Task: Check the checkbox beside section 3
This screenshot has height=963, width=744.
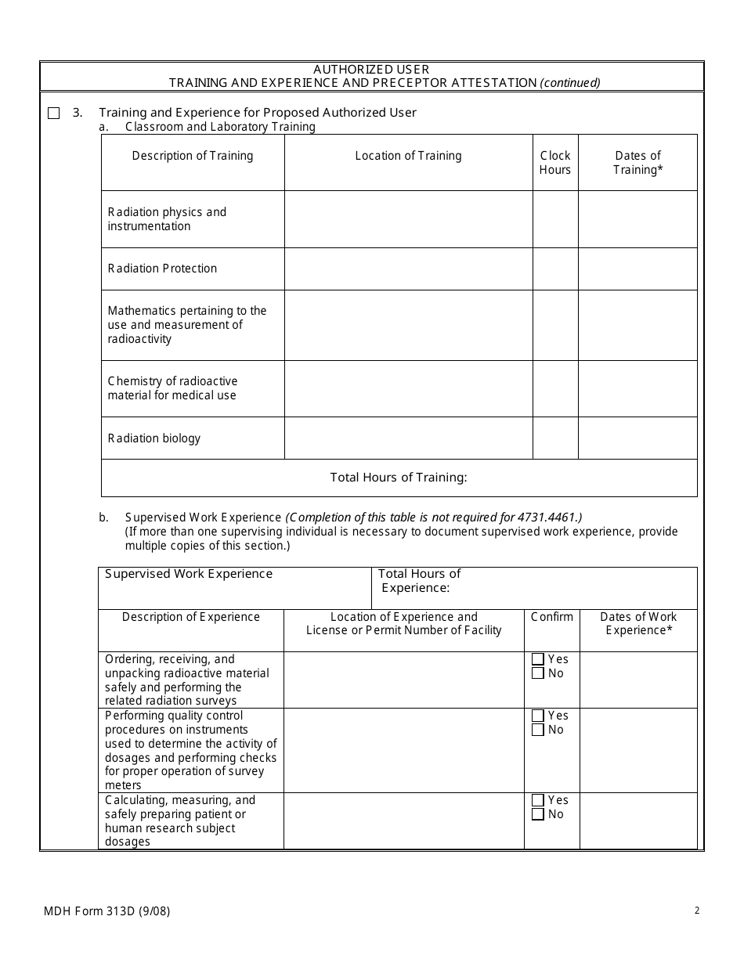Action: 53,113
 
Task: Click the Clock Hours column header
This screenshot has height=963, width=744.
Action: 555,163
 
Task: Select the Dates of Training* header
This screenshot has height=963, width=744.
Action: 637,163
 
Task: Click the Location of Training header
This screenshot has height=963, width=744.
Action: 408,156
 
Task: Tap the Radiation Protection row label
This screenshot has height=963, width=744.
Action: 162,269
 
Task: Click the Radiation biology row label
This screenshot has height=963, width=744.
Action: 154,438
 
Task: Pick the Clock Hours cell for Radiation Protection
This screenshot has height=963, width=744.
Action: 555,269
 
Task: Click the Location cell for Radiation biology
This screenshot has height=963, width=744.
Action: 408,438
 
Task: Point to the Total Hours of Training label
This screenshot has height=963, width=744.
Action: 399,478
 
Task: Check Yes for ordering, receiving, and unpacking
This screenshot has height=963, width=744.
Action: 538,659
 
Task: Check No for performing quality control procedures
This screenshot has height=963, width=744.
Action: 538,730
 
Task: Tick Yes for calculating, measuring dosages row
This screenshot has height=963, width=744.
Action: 538,800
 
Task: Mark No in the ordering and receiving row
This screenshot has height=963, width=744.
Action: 538,673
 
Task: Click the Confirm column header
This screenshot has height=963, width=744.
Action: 551,617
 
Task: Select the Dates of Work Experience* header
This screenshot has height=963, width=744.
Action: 638,623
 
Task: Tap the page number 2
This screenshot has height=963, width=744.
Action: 696,911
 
